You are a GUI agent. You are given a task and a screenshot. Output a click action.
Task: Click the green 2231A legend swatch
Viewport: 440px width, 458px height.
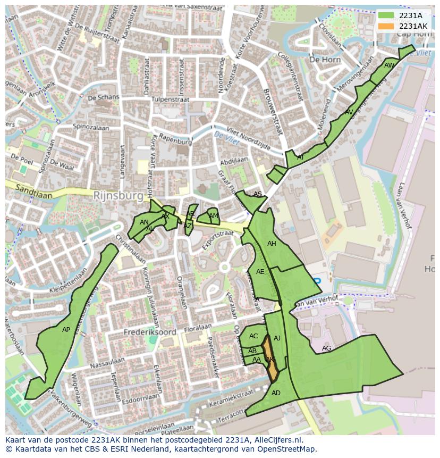click(386, 16)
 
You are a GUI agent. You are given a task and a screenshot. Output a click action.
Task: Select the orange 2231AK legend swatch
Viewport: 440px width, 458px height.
click(386, 26)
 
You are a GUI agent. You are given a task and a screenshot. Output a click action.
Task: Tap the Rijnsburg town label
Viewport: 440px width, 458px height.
click(118, 196)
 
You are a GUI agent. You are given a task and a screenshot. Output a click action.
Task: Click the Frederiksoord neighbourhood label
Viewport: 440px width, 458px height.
click(150, 332)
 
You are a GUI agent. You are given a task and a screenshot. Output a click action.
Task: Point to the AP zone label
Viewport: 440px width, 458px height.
click(66, 330)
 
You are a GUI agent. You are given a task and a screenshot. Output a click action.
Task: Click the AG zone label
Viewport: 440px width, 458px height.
click(326, 348)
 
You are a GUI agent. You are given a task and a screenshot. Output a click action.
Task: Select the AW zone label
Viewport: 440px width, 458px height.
click(389, 65)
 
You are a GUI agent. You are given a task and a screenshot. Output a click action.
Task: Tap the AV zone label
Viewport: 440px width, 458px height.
click(349, 112)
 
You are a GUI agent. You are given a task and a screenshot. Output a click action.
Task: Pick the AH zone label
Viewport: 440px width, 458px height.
click(272, 244)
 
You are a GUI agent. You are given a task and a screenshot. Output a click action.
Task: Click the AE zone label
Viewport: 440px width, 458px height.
click(260, 272)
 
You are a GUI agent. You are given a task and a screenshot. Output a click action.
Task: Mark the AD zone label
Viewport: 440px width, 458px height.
click(276, 393)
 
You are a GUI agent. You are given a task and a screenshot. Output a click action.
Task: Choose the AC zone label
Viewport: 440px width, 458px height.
click(253, 336)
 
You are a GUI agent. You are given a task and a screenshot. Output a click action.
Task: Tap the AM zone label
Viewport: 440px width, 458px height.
click(213, 216)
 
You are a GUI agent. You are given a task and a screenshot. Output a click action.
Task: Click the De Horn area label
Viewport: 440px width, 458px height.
click(325, 60)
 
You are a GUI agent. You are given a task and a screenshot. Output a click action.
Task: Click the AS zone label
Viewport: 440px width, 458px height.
click(258, 194)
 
